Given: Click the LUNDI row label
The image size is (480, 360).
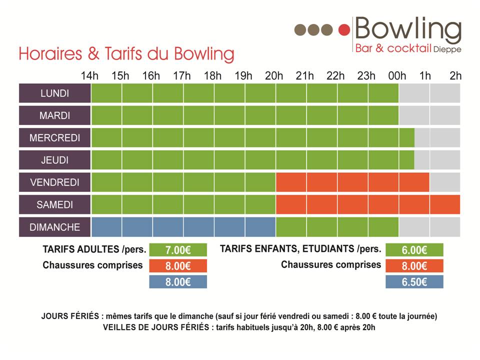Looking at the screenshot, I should (55, 93).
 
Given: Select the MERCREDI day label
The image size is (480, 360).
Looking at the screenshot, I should (55, 138).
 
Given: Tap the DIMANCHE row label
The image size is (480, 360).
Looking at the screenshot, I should (55, 227).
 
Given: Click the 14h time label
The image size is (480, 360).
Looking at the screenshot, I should (89, 76).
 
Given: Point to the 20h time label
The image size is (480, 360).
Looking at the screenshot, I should (274, 76).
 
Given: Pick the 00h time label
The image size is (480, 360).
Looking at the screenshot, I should (397, 76).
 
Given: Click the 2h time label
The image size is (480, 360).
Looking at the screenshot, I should (455, 76).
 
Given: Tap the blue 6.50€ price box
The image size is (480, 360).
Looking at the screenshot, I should (414, 282).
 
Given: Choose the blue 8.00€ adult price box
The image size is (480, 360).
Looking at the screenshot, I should (178, 282).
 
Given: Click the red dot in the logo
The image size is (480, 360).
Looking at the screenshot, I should (343, 30).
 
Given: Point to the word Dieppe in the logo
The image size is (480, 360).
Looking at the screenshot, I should (447, 49).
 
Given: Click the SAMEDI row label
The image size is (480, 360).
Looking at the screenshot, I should (55, 204).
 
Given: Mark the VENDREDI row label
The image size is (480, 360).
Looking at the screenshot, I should (55, 182).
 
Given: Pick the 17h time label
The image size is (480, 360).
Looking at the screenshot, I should (181, 76).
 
